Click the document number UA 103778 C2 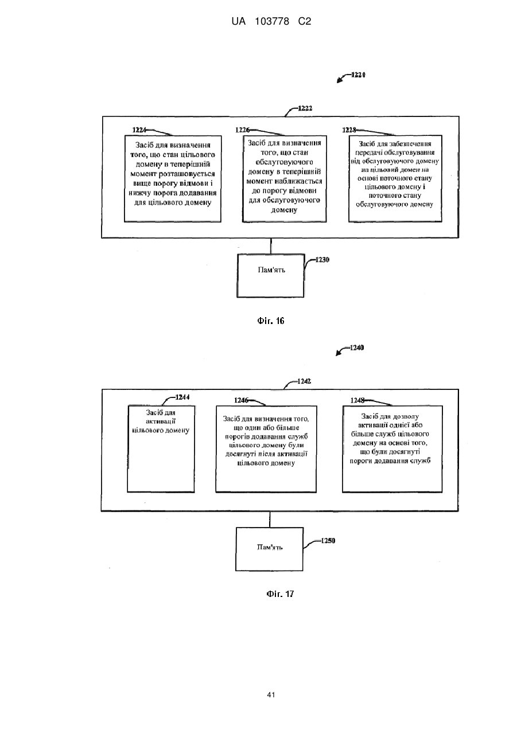[271, 22]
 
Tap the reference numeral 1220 [358, 75]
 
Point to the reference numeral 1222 [305, 108]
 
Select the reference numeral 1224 [139, 130]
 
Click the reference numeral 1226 [242, 130]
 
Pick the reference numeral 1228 [349, 130]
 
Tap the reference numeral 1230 [322, 260]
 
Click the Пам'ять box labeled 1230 [270, 276]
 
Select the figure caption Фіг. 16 [271, 321]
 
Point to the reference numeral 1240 [357, 348]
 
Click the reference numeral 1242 [304, 381]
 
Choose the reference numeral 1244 [182, 397]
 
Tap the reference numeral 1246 [241, 400]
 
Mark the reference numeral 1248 [357, 400]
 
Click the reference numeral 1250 [328, 541]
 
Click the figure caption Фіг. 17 [280, 594]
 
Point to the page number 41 [271, 694]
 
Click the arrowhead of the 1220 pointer [339, 81]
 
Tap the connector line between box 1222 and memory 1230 [271, 246]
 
